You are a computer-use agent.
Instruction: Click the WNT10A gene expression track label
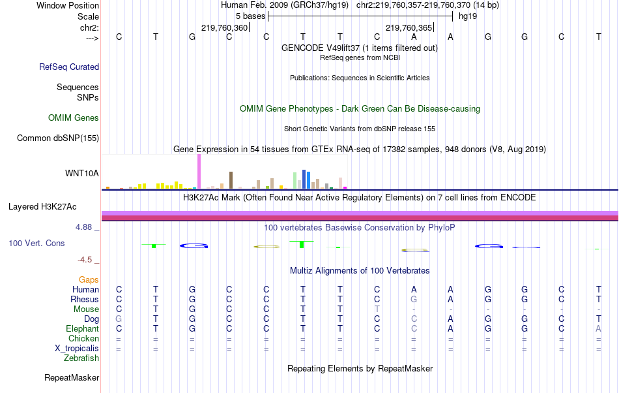coord(82,173)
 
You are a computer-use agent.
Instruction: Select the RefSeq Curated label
coord(69,67)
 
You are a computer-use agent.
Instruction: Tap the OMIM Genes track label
coord(74,118)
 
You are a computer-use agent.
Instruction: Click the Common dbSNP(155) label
coord(58,138)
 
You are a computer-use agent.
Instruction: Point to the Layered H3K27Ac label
coord(42,207)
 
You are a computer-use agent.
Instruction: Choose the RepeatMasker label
coord(72,377)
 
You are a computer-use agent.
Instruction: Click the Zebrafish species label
coord(81,358)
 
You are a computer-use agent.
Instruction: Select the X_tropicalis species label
coord(77,348)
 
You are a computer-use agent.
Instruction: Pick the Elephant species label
coord(82,328)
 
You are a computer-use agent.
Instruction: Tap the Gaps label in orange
coord(89,279)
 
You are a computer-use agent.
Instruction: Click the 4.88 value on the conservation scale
coord(85,227)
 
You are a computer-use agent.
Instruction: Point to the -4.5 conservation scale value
coord(86,259)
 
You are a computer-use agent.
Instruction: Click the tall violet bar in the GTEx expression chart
coord(199,173)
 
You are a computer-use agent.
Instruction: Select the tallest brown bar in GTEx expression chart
coord(231,180)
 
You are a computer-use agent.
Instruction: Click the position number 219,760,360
coord(225,28)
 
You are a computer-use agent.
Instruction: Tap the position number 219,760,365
coord(409,28)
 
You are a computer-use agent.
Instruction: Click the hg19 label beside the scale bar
coord(468,16)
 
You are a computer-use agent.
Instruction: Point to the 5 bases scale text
coord(250,16)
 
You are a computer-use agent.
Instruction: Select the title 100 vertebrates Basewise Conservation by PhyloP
coord(360,227)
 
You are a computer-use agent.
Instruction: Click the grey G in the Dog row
coord(119,319)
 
